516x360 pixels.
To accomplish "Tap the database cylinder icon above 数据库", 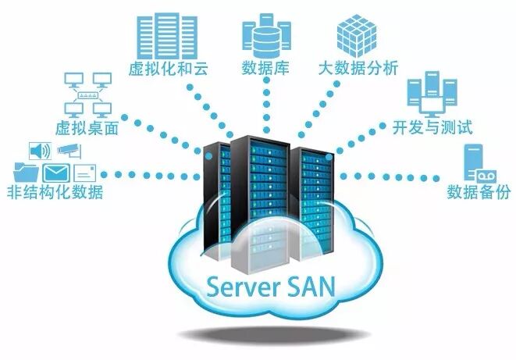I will [x=262, y=32].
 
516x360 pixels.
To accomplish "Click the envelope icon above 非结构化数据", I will [x=57, y=171].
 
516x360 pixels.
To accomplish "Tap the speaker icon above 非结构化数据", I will [x=39, y=150].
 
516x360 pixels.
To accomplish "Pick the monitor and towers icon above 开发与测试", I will [x=427, y=93].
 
